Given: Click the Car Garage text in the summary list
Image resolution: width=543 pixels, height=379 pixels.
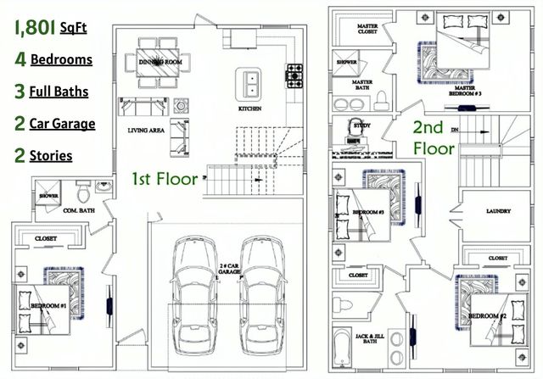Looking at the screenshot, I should tap(62, 124).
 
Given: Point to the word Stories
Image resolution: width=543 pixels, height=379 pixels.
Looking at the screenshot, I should tap(51, 156).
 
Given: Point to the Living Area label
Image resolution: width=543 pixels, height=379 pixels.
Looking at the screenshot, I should tap(144, 131).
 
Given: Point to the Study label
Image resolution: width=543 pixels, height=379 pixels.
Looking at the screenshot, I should tap(361, 125).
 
